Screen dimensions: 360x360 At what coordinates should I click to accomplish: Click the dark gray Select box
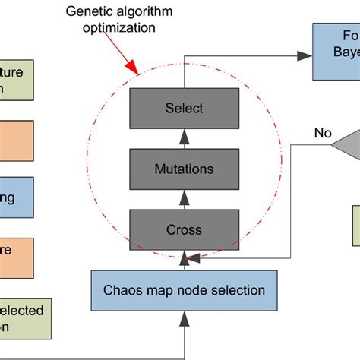tap(185, 108)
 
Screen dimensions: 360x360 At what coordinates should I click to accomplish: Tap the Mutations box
tap(185, 168)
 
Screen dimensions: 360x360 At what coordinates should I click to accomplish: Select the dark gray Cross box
tap(185, 228)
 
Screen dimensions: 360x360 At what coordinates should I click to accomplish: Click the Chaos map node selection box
tap(185, 289)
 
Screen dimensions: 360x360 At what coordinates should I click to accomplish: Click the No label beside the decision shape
tap(323, 133)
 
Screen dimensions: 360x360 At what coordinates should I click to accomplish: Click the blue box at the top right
tap(337, 52)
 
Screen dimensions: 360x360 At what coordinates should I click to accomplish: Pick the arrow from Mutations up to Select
tap(185, 138)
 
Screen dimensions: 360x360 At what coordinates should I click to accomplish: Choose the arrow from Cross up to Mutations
tap(185, 198)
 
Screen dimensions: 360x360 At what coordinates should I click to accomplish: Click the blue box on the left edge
tap(17, 200)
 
